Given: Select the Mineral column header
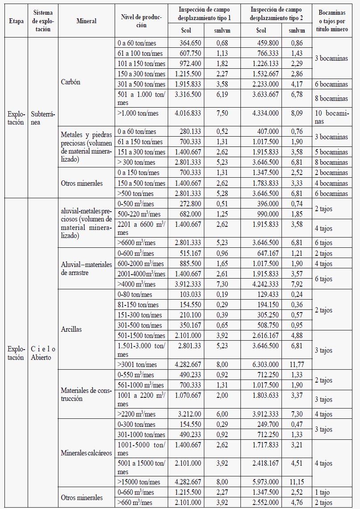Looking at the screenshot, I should tap(86, 21).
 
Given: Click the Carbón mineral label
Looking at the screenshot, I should tap(70, 83).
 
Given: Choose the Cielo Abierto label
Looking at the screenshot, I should tap(44, 353).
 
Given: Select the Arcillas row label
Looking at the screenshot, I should tap(71, 330).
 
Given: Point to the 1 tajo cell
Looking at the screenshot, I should tap(323, 492).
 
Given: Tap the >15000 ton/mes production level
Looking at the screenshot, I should tap(140, 482).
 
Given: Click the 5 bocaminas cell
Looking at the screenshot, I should tap(331, 152).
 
